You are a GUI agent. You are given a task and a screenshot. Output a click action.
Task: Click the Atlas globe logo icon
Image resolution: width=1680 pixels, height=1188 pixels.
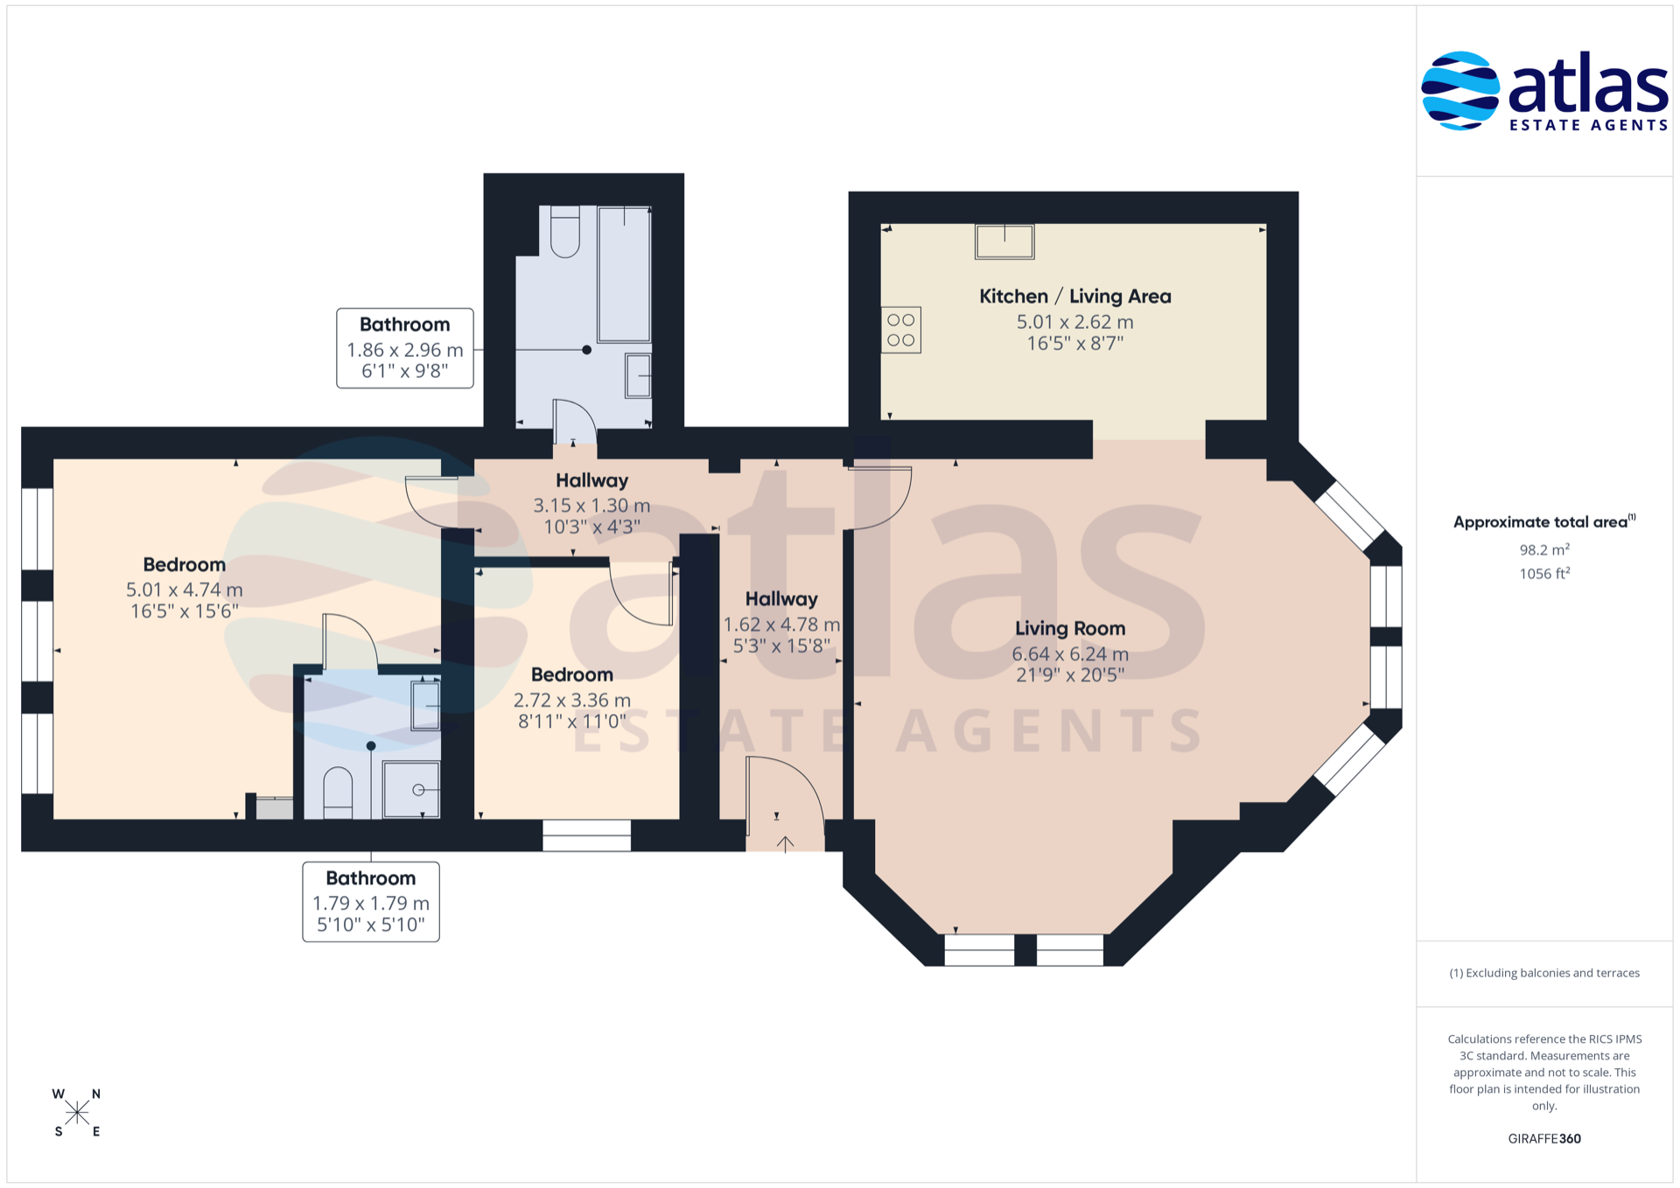tap(1459, 91)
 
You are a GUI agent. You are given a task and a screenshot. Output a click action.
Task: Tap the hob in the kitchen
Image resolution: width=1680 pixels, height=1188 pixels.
tap(901, 330)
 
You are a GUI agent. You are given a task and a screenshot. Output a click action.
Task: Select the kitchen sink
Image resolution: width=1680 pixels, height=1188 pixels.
tap(1004, 241)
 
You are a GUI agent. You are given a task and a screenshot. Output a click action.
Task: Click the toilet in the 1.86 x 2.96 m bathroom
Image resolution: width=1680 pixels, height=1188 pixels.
tap(565, 232)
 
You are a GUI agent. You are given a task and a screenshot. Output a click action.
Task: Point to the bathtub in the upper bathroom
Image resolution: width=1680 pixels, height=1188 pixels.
tap(624, 274)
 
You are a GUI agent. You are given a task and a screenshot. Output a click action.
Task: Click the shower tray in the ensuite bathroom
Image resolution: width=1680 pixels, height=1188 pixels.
tap(411, 790)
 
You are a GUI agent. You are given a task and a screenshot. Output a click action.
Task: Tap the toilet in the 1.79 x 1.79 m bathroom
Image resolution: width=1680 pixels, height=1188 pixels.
tap(338, 793)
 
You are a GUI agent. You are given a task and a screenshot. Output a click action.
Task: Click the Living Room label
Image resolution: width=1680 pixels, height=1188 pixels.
tap(1070, 628)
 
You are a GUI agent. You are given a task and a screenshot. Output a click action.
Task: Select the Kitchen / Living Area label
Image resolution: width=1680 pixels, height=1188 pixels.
tap(1074, 297)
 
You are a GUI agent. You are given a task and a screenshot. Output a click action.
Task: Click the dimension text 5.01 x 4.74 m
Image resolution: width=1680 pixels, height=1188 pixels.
tap(185, 590)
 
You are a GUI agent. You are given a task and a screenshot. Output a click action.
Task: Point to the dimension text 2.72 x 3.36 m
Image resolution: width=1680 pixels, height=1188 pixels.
tap(571, 700)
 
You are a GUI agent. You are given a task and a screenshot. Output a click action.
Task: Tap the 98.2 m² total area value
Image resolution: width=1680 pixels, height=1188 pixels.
tap(1544, 549)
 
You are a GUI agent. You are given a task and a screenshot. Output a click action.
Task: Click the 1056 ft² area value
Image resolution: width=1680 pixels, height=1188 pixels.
tap(1544, 573)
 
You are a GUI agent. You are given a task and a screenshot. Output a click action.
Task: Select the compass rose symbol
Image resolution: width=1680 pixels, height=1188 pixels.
tap(77, 1113)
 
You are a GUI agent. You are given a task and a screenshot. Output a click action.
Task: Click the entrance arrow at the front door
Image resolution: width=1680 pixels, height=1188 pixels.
tap(786, 844)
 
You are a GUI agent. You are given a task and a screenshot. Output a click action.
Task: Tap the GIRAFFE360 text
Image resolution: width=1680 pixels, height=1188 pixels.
tap(1544, 1138)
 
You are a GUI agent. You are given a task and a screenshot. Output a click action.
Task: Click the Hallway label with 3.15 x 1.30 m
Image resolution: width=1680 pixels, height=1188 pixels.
tap(591, 480)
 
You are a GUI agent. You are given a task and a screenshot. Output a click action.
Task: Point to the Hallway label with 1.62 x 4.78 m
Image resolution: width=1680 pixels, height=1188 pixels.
tap(781, 599)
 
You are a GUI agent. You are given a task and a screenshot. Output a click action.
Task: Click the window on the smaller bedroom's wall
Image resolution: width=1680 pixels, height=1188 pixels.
tap(586, 835)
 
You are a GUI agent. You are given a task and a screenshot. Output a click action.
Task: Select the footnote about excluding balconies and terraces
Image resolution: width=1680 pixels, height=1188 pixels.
tap(1544, 973)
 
